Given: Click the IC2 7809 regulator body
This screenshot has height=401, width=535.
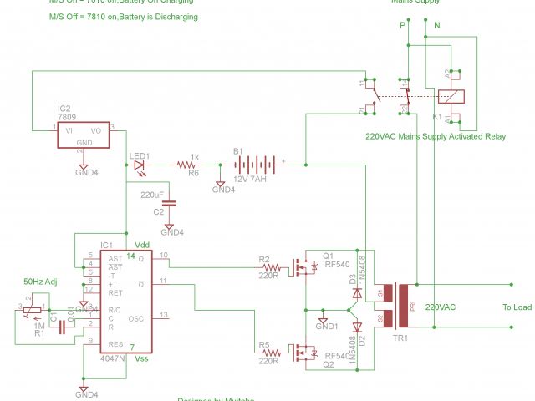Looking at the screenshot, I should [x=84, y=135].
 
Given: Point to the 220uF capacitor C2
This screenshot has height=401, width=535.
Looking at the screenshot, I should [x=170, y=202].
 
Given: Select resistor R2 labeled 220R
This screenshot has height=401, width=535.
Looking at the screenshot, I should [x=268, y=267].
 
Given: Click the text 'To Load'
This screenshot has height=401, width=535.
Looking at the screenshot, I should [x=517, y=307].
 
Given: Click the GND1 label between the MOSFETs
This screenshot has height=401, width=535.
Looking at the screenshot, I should [x=327, y=324].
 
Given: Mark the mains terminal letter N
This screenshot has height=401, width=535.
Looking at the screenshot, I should [x=436, y=25].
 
